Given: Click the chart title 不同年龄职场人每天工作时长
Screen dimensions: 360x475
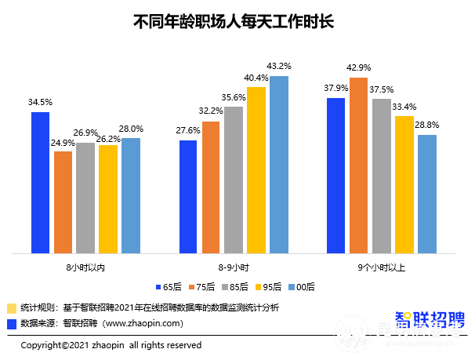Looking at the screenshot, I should click(235, 21).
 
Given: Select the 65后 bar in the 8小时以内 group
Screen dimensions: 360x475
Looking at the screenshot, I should click(41, 183).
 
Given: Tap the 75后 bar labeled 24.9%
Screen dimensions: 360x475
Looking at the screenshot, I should click(63, 202).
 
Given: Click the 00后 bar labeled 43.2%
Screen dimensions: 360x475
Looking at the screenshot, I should click(279, 165).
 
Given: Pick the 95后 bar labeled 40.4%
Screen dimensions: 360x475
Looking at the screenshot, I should click(256, 170).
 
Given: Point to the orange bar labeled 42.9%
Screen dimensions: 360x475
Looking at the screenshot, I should click(359, 165).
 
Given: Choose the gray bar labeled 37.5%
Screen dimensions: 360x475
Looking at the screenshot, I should click(382, 176).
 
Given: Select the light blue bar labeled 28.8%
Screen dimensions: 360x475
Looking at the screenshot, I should click(426, 195).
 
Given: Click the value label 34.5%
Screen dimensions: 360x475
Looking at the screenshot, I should click(40, 102).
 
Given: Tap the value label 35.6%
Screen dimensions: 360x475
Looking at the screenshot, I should click(234, 97).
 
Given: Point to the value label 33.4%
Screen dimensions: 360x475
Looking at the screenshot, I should click(404, 107).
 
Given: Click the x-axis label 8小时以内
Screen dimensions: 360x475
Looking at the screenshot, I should click(85, 267).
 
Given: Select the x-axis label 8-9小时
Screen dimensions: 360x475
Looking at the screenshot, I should click(234, 267).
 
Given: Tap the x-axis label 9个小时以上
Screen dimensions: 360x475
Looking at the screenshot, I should click(381, 267).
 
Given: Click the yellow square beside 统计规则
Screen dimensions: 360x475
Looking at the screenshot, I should click(11, 307).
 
